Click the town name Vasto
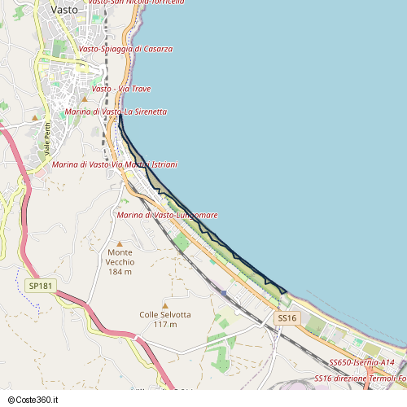(x=64, y=10)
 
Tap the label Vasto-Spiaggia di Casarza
(x=125, y=49)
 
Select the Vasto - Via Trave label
(x=121, y=89)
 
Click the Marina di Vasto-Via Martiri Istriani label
(x=114, y=164)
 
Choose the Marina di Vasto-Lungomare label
(x=167, y=215)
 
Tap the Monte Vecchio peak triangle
(x=120, y=243)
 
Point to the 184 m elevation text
(x=120, y=272)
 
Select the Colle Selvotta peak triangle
(x=165, y=305)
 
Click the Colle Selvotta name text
(x=165, y=315)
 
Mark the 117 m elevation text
(x=165, y=325)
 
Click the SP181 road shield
(x=40, y=286)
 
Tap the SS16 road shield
(x=287, y=317)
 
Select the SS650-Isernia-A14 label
(x=361, y=361)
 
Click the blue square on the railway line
(x=223, y=292)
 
